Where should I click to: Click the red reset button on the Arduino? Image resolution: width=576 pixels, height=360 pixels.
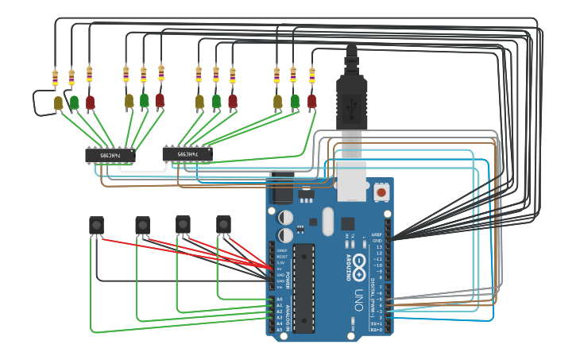coord(381,192)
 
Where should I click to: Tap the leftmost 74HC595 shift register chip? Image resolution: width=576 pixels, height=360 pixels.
coord(110,155)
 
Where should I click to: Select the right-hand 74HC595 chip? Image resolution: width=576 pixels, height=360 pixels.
coord(187,153)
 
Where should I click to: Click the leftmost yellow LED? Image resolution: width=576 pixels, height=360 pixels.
coord(58,103)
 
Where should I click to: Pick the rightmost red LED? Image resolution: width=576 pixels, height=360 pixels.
coord(311,101)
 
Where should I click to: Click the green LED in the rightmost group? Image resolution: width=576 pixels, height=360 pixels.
coord(295,101)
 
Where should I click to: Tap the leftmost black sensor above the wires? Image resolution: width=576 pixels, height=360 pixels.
coord(96,225)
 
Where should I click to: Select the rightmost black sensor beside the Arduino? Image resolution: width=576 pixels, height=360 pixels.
coord(223,225)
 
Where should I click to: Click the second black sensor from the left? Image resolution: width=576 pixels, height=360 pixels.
coord(142,225)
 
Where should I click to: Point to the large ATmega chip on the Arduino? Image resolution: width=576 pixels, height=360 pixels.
coord(303,287)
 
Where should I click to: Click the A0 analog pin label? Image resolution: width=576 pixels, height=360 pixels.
coord(279,300)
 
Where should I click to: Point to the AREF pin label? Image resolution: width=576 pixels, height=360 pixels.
coord(377,235)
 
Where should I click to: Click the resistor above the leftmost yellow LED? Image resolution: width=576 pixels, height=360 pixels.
coord(55,79)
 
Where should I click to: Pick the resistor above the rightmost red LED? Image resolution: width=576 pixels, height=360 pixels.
coord(311,76)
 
